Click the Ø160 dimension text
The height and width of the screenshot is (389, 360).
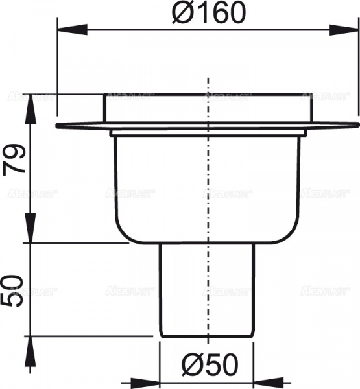point(209,14)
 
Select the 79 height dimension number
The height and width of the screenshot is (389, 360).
point(14,160)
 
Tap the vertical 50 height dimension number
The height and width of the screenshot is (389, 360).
point(14,290)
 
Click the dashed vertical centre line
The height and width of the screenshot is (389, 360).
point(208,194)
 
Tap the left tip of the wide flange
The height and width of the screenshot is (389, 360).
point(58,125)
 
